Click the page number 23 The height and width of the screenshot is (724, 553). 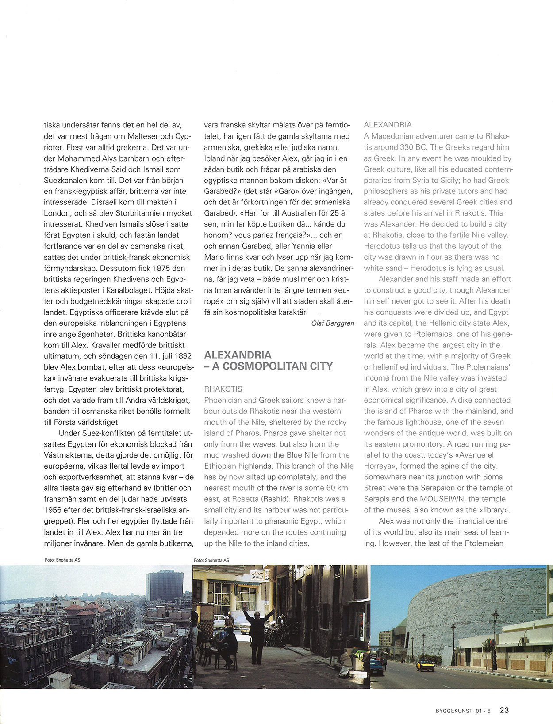[x=504, y=710]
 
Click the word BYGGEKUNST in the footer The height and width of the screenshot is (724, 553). [x=454, y=711]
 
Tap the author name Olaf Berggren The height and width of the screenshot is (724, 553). [x=333, y=323]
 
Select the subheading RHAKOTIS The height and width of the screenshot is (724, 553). [x=223, y=389]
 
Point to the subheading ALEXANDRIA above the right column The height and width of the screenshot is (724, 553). [x=388, y=125]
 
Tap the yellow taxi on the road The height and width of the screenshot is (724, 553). [x=425, y=664]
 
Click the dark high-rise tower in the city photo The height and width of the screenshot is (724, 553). [x=165, y=586]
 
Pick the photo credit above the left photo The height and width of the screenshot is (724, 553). [x=62, y=560]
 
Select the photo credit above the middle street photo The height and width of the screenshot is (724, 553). [x=211, y=560]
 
